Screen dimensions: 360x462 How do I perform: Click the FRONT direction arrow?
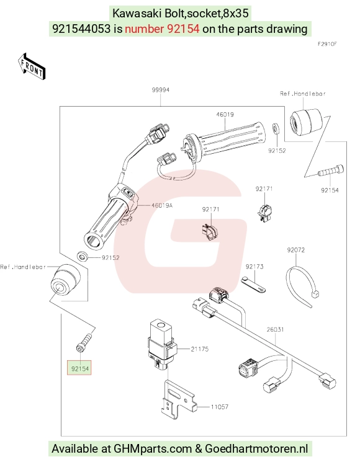tap(32, 66)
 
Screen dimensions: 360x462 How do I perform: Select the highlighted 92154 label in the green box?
tap(79, 368)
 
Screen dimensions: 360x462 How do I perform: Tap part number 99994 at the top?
tap(161, 90)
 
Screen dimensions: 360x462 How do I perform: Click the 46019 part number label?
tap(225, 114)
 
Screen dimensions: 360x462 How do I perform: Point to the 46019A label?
tap(161, 205)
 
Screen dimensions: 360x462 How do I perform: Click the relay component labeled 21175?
tap(162, 344)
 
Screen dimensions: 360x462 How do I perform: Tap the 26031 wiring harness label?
tap(275, 329)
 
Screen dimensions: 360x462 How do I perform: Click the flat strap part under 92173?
tap(253, 284)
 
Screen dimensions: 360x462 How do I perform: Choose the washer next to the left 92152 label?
tap(83, 256)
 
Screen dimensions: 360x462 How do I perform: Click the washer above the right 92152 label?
tap(276, 130)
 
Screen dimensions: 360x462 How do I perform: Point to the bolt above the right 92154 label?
tap(331, 171)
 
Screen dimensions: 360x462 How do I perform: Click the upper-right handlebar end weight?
tap(305, 122)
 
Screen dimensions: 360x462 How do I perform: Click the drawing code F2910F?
tap(327, 44)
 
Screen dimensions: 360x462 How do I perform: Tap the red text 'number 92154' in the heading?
tap(162, 29)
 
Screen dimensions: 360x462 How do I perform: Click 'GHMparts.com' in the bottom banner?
tap(153, 449)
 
